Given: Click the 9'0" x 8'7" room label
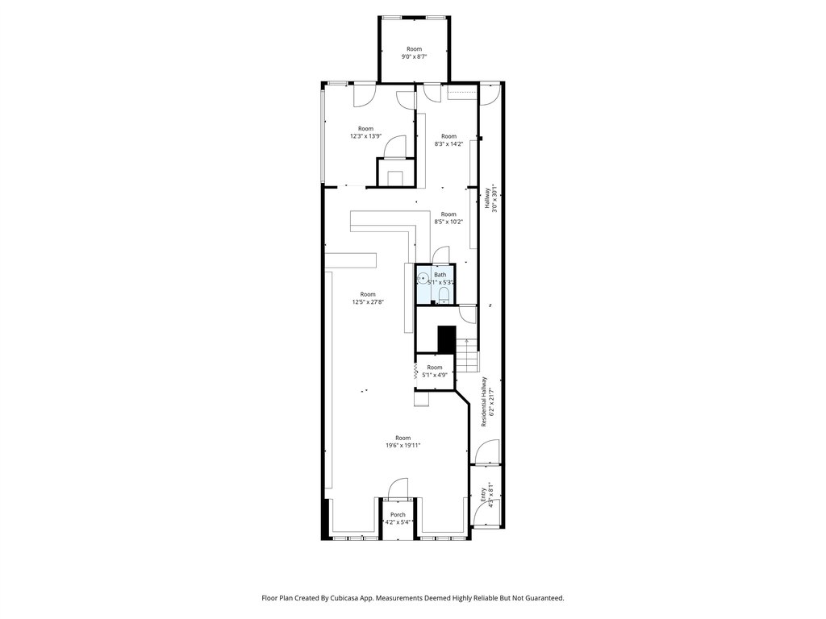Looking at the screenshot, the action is [x=414, y=52].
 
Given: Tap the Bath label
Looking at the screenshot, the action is [x=440, y=275].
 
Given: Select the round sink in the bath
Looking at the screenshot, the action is [x=423, y=278].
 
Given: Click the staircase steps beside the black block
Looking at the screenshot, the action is [x=467, y=354].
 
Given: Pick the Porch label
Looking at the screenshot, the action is [x=398, y=515].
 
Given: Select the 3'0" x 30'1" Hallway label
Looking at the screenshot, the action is [x=491, y=198].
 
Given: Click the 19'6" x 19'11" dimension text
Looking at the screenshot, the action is [x=403, y=445].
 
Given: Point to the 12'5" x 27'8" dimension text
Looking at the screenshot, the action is [x=368, y=302].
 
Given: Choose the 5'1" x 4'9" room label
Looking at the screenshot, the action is [x=435, y=371].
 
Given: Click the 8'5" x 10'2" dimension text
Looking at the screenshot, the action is [x=448, y=222].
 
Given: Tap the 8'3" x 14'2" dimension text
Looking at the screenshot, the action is [x=448, y=143].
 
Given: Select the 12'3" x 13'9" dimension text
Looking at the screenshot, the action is [x=366, y=135].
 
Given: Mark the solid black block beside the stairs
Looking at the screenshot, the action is [x=447, y=339].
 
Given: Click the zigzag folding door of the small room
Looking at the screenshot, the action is [x=416, y=372].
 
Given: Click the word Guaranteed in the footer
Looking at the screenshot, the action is [x=546, y=598].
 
